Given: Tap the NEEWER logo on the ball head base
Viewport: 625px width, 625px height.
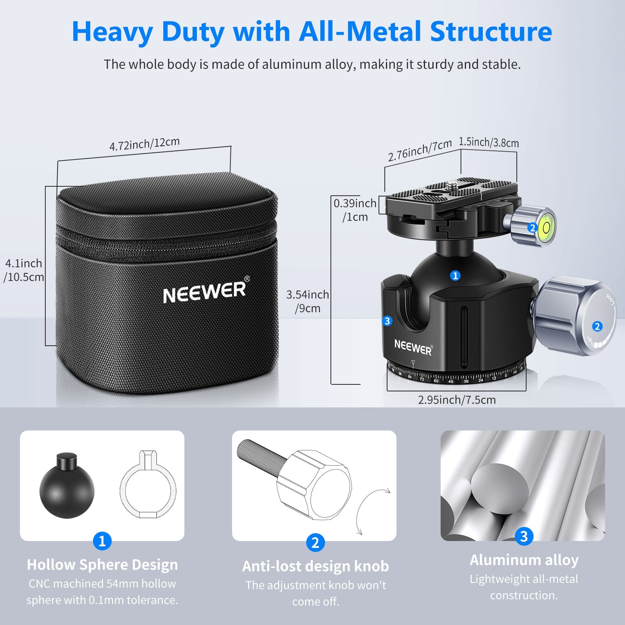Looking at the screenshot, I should pyautogui.click(x=413, y=347).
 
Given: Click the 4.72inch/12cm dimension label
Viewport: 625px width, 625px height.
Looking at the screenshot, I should pyautogui.click(x=144, y=144).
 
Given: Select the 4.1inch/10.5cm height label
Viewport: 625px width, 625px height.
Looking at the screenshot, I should pyautogui.click(x=23, y=270).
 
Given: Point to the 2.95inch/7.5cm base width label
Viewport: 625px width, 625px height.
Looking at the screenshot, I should pyautogui.click(x=457, y=400).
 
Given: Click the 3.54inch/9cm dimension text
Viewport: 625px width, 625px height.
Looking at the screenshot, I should pyautogui.click(x=307, y=301).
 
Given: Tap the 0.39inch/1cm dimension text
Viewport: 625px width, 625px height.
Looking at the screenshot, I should pyautogui.click(x=355, y=210).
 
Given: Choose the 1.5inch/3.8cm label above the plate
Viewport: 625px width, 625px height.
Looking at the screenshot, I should pyautogui.click(x=489, y=142).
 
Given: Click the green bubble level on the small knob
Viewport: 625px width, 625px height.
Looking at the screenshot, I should pyautogui.click(x=546, y=227).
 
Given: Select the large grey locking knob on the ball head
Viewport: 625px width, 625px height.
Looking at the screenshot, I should pyautogui.click(x=574, y=316).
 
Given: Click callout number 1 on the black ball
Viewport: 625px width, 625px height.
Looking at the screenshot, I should pyautogui.click(x=455, y=276).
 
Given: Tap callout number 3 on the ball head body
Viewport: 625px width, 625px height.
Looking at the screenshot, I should pyautogui.click(x=387, y=321).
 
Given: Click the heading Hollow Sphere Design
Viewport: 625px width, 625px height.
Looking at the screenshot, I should pyautogui.click(x=102, y=564).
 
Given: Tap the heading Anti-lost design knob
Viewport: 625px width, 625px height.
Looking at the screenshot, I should pyautogui.click(x=315, y=566).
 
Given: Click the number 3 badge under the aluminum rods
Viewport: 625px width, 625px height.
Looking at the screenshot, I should pyautogui.click(x=523, y=536).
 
